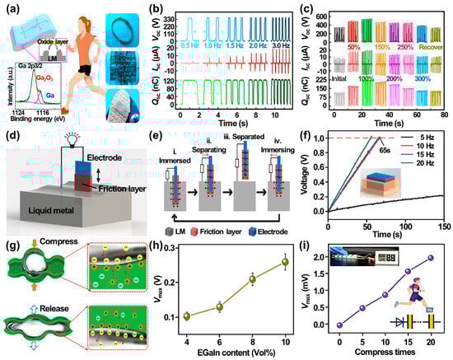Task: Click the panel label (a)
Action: [12, 9]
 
